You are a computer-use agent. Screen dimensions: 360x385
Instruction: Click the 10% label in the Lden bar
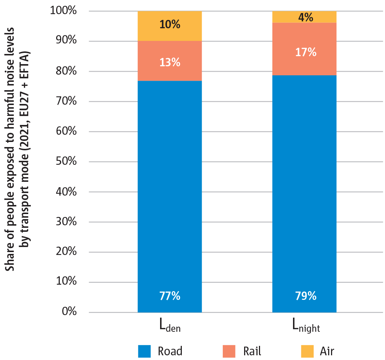170,25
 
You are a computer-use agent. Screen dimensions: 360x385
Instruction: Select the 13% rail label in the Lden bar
170,62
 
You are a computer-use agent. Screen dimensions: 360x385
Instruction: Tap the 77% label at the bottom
170,296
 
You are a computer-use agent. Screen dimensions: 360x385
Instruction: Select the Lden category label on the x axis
170,326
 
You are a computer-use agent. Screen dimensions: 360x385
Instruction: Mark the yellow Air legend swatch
308,351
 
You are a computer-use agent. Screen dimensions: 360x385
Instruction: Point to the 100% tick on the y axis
63,11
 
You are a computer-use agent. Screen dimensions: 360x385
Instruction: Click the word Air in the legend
327,351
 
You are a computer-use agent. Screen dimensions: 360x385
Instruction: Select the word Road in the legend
170,351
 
